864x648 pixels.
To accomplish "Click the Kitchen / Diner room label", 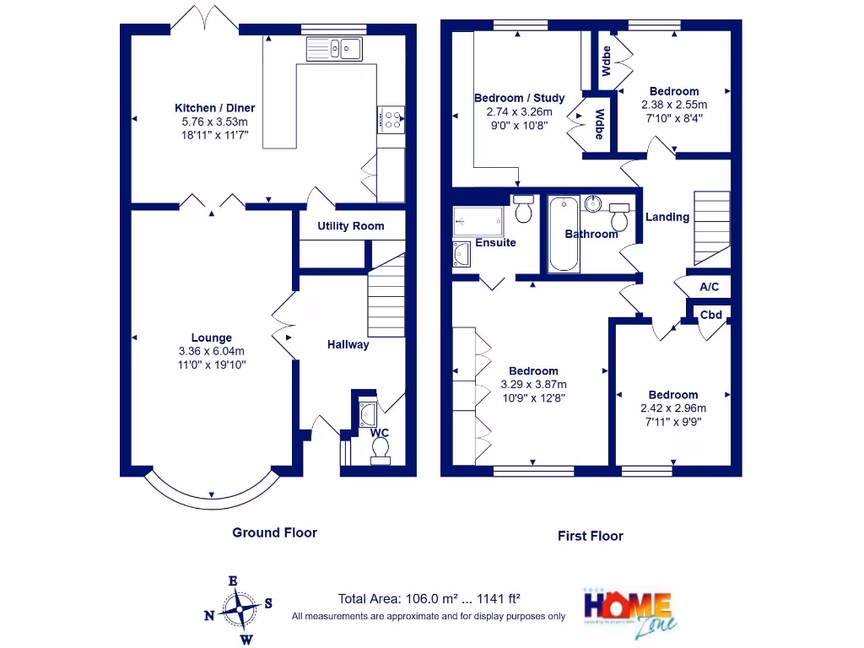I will [x=214, y=108].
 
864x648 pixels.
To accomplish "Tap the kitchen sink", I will [x=335, y=49].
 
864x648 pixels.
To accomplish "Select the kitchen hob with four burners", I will [x=390, y=119].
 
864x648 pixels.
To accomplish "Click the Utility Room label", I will [x=350, y=226].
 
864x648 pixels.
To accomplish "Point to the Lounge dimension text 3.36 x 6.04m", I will [x=211, y=352].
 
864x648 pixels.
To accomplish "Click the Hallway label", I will [x=348, y=344].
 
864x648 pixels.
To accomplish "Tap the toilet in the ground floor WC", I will [x=381, y=455].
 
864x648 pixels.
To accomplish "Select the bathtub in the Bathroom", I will [x=564, y=234].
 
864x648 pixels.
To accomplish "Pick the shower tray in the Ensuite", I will [x=478, y=221].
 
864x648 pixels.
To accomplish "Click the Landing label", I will [x=667, y=217].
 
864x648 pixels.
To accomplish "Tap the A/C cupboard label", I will [x=710, y=288].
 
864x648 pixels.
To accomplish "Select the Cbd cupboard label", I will [x=711, y=315].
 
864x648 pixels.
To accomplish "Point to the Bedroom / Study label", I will [x=519, y=99].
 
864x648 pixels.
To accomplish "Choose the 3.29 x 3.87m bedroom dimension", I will [x=533, y=385].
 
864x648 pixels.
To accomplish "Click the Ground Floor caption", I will [x=275, y=532].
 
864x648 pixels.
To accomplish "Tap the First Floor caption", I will [x=591, y=536].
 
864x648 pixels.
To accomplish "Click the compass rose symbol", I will [x=240, y=609].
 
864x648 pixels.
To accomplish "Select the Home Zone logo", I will [x=629, y=611].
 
